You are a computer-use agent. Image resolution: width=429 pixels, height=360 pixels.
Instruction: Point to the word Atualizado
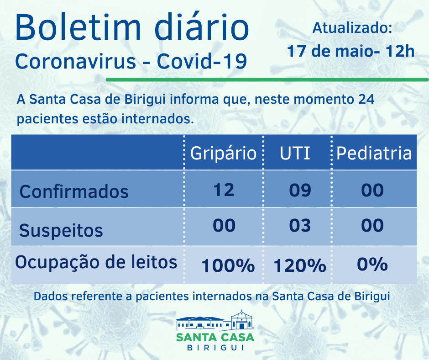pyautogui.click(x=352, y=28)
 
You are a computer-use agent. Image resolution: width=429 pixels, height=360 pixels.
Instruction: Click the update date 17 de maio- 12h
pyautogui.click(x=351, y=50)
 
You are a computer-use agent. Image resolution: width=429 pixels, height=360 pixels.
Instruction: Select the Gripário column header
pyautogui.click(x=223, y=153)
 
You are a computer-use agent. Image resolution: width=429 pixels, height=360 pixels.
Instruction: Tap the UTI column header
pyautogui.click(x=295, y=153)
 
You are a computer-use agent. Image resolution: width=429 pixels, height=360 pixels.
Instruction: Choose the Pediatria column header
pyautogui.click(x=374, y=153)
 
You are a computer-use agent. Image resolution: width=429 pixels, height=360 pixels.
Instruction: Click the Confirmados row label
pyautogui.click(x=74, y=191)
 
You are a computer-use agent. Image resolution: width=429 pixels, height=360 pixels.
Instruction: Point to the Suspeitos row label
pyautogui.click(x=61, y=230)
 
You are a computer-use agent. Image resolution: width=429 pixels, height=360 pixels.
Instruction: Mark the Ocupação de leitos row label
pyautogui.click(x=96, y=262)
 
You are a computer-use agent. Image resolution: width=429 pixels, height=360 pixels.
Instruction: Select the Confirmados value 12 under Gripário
pyautogui.click(x=223, y=190)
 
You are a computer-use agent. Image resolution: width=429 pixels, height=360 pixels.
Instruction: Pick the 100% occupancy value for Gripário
pyautogui.click(x=228, y=265)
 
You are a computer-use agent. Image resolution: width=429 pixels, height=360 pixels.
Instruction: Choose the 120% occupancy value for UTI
pyautogui.click(x=300, y=265)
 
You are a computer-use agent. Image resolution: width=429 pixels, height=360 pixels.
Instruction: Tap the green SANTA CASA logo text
pyautogui.click(x=215, y=337)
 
